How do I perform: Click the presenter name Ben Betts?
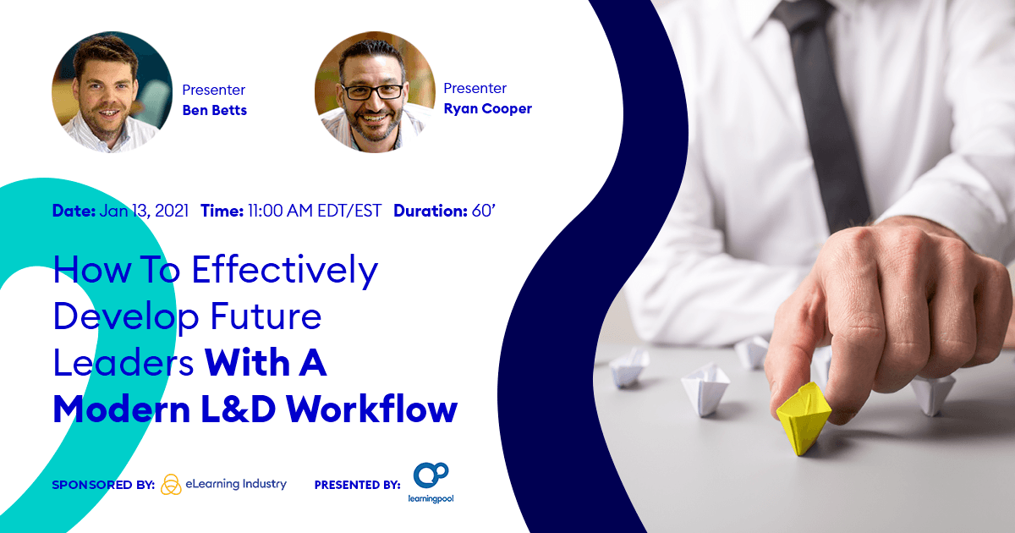215,110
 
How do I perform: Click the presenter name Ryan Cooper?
487,108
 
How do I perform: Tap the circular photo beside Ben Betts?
112,92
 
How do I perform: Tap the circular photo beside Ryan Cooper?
375,92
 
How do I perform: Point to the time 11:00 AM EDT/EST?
315,211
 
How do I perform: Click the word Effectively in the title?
284,271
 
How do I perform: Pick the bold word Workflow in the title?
371,409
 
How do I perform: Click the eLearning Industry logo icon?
171,484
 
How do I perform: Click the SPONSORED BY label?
102,485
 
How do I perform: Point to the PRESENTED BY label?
357,485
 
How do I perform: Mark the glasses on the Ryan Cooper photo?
373,91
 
